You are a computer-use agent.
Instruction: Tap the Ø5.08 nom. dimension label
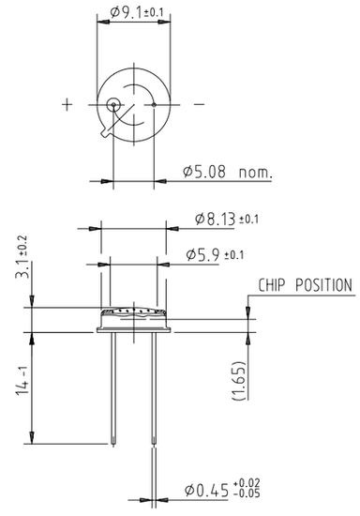coord(228,172)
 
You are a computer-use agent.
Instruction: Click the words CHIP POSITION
coord(305,285)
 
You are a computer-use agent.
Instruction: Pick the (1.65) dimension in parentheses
coord(239,380)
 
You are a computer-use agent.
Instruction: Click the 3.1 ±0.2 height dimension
coord(22,257)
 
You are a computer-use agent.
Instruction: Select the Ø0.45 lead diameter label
coord(206,491)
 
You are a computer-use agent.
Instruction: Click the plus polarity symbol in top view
coord(67,105)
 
